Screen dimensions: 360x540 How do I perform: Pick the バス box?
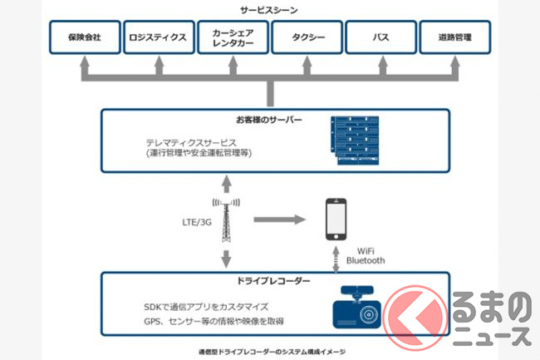click(380, 38)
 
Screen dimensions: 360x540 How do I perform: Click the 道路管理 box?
click(455, 38)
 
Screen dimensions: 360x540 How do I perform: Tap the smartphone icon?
click(336, 219)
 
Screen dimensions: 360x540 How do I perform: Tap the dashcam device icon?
click(358, 308)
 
